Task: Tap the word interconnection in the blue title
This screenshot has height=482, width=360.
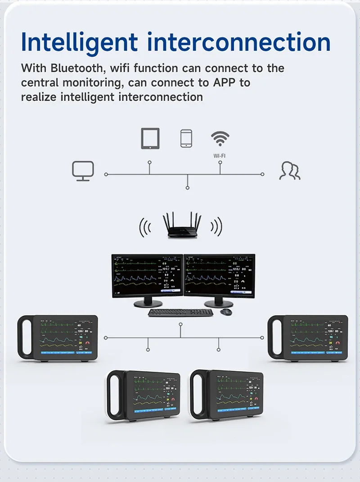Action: click(240, 42)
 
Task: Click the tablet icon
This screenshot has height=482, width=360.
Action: click(150, 138)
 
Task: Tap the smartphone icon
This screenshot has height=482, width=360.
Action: click(186, 138)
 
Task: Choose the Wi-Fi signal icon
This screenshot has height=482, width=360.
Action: click(220, 138)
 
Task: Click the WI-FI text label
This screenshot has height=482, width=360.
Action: click(220, 156)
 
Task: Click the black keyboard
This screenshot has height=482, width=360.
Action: click(180, 312)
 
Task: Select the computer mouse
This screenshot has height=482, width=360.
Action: click(226, 312)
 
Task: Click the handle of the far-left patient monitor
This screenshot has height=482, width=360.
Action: click(23, 337)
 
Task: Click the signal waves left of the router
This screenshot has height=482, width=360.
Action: click(145, 227)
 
